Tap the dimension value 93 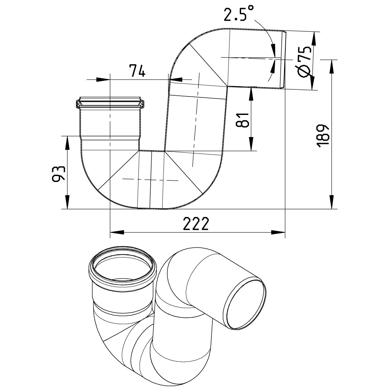coord(58,173)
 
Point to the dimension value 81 coord(243,119)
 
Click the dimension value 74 coord(137,71)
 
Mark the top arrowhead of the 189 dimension coord(331,66)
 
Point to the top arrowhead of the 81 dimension coord(252,93)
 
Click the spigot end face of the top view coord(283,59)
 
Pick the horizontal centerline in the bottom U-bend coord(150,180)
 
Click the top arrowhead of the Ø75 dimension coord(313,38)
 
